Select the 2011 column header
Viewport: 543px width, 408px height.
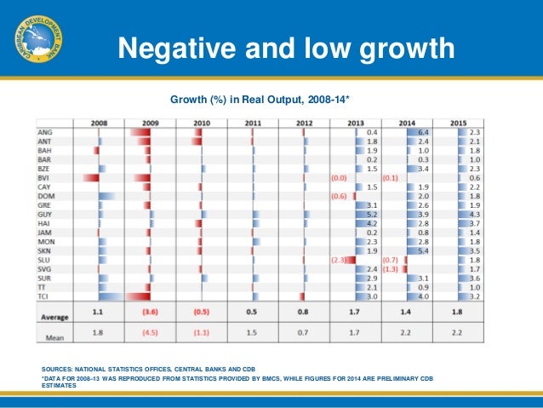pyautogui.click(x=253, y=124)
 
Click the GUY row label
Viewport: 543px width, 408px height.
pyautogui.click(x=45, y=215)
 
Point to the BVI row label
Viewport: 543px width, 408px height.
pyautogui.click(x=45, y=177)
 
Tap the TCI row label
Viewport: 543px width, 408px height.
pyautogui.click(x=44, y=296)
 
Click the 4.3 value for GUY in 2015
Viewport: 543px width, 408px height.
pyautogui.click(x=475, y=215)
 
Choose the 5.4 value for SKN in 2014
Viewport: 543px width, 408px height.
pyautogui.click(x=423, y=250)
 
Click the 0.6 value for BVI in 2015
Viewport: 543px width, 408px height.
pyautogui.click(x=475, y=177)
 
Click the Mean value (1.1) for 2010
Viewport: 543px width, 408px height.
pyautogui.click(x=202, y=332)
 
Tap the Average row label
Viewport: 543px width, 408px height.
pyautogui.click(x=55, y=315)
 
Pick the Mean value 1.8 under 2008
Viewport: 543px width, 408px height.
pyautogui.click(x=99, y=332)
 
